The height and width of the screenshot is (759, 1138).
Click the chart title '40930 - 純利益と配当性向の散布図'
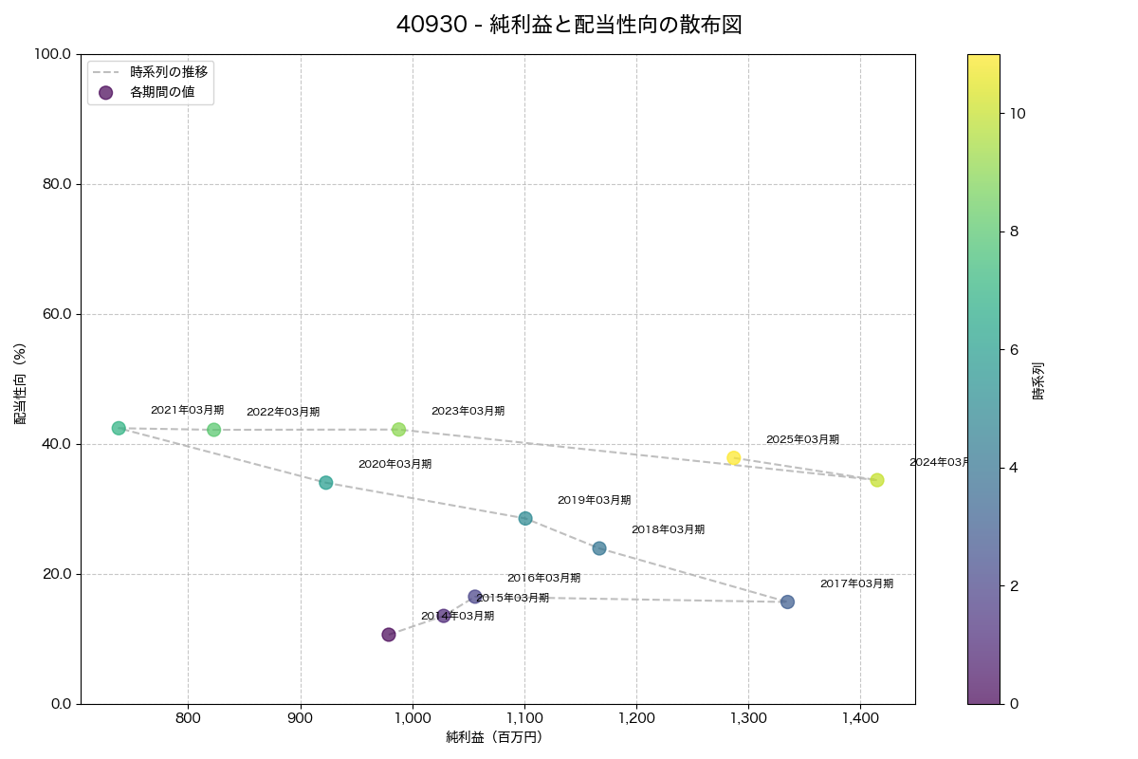568,26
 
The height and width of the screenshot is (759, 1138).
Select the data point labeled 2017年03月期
787,602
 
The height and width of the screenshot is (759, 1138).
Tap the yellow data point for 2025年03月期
733,458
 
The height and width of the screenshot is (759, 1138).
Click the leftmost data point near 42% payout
119,428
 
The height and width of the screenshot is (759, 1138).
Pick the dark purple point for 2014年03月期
389,635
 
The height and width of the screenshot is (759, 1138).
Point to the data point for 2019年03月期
525,518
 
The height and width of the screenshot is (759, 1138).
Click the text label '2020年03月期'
395,465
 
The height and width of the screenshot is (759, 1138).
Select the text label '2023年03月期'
468,412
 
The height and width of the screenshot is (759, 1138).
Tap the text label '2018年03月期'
668,530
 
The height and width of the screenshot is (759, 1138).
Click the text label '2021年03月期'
187,411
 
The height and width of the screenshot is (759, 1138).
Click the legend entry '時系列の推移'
169,71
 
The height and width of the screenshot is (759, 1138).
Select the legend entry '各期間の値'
162,92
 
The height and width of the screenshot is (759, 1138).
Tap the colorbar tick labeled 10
1018,113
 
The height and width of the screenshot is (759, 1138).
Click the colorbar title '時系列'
1037,379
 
